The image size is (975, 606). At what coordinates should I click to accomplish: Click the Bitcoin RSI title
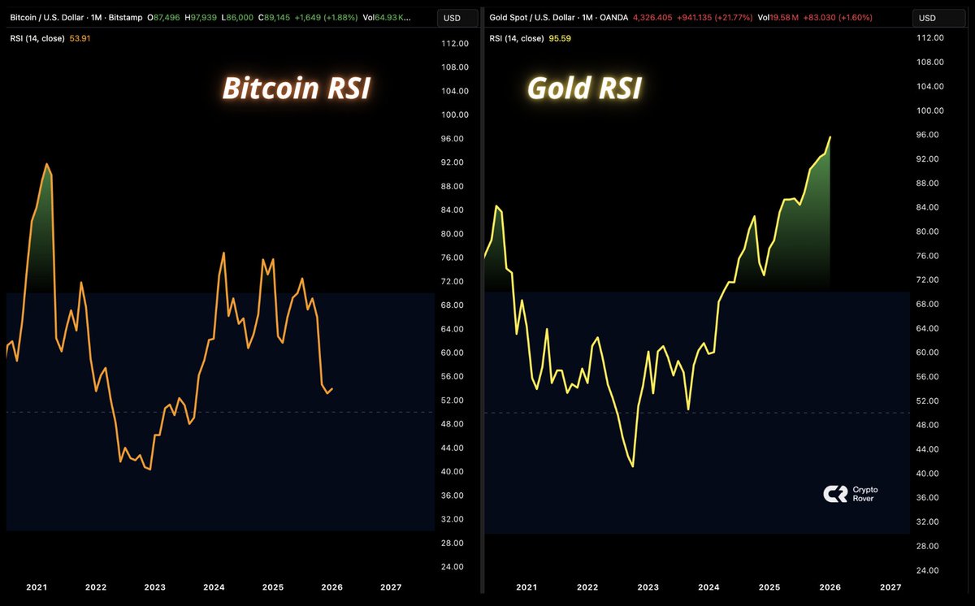click(x=296, y=89)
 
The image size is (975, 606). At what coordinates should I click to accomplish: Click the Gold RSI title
click(x=585, y=89)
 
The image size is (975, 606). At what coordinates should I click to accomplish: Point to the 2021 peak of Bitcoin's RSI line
click(x=46, y=164)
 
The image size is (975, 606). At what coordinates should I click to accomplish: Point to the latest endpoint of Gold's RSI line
click(x=830, y=137)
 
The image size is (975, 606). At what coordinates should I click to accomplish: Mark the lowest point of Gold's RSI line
click(x=632, y=466)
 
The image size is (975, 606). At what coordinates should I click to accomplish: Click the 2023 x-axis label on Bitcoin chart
click(x=154, y=587)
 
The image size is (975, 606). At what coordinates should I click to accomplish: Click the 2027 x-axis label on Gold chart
click(x=890, y=587)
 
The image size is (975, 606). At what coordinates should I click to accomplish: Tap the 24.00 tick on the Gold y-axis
click(x=928, y=570)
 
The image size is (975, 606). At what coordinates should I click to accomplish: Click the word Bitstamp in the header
click(x=124, y=16)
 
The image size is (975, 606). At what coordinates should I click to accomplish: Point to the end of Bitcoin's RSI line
click(x=332, y=388)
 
